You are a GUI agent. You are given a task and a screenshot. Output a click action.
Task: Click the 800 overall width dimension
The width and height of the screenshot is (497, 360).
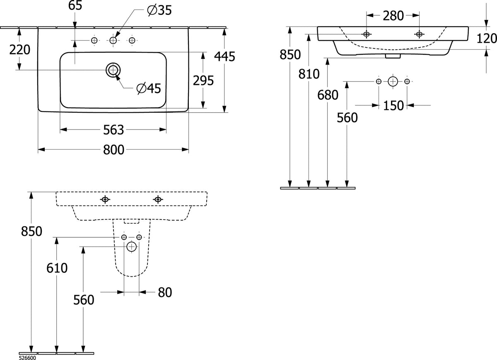tap(113, 150)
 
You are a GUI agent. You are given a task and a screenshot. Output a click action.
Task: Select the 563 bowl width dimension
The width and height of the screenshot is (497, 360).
tap(113, 130)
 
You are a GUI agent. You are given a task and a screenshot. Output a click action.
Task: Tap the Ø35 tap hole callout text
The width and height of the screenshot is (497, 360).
tap(159, 10)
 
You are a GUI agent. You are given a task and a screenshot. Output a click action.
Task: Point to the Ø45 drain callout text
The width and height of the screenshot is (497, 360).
tap(149, 88)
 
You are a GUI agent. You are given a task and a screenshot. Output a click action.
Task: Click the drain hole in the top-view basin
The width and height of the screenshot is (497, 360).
tap(113, 70)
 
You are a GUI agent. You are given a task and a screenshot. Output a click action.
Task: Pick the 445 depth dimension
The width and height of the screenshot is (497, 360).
tap(224, 56)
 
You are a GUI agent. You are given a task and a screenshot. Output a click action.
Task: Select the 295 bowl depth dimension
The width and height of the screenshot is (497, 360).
tap(203, 80)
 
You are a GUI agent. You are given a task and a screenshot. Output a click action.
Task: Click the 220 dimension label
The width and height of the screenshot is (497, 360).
tap(20, 49)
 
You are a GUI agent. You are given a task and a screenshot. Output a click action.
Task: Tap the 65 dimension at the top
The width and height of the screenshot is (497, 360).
tap(75, 5)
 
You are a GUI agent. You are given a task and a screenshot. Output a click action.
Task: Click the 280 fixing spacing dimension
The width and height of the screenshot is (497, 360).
tap(393, 16)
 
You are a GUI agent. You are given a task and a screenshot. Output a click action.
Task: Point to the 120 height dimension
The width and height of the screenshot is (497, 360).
tap(487, 38)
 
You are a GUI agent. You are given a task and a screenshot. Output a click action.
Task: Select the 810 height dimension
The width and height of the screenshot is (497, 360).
tap(309, 74)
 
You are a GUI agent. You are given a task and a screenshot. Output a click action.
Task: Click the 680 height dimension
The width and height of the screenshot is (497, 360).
tap(328, 95)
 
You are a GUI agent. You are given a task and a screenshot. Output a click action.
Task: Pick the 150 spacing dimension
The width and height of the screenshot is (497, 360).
tap(393, 105)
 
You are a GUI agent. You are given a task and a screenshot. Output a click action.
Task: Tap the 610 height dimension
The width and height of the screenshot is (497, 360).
tap(57, 268)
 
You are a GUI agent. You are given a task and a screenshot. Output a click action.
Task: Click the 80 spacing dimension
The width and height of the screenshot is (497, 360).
tap(165, 292)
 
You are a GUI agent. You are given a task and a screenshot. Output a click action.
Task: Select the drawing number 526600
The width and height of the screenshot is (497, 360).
tap(27, 358)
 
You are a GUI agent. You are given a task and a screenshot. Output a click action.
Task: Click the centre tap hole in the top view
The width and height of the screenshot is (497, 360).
tap(113, 41)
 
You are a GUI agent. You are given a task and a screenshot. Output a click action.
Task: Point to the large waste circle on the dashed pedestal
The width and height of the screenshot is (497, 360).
tap(132, 246)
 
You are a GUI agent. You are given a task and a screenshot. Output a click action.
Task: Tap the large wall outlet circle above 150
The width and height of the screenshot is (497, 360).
tap(393, 82)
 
